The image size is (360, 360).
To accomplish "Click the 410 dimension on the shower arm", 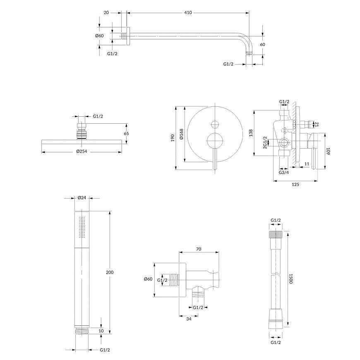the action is tap(188, 13).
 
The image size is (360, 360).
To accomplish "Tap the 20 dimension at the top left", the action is tap(106, 13).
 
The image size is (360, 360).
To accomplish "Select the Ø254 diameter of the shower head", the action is tap(82, 151).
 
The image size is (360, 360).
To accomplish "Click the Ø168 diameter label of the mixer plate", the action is tap(181, 134).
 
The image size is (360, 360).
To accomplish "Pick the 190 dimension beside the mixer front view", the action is tap(173, 138).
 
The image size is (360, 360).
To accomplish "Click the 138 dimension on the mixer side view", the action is tap(251, 133).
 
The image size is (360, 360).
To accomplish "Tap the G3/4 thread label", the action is tap(284, 172).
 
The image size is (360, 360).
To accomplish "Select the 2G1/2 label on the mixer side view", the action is tap(265, 143).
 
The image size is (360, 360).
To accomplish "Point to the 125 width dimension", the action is tap(295, 184).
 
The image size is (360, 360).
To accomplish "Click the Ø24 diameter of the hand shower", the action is tap(82, 197).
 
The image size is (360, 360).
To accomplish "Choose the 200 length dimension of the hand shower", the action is tap(110, 272).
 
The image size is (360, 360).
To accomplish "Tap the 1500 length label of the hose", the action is tap(290, 278).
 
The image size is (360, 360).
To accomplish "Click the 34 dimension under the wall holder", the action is tap(189, 319).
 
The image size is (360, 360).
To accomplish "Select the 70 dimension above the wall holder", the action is tap(199, 249).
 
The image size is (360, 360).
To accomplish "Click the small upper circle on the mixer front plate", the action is tap(215, 124).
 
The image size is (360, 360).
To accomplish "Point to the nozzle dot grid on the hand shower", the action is tap(82, 227).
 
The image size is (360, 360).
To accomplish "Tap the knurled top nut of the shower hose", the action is tap(276, 234).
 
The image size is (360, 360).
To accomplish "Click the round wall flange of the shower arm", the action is tap(128, 36).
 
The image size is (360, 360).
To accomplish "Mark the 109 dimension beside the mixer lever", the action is tap(328, 151).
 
